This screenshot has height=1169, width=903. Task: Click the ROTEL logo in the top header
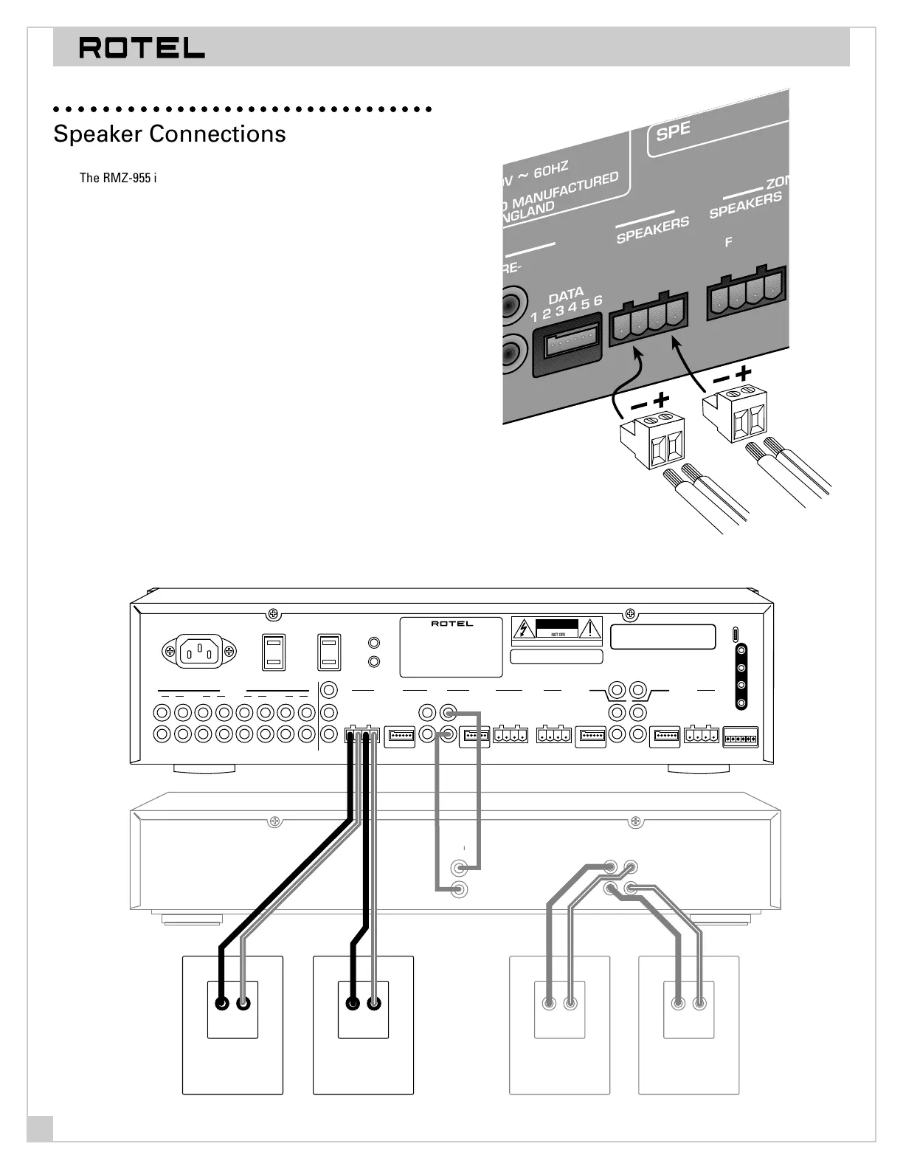(x=142, y=48)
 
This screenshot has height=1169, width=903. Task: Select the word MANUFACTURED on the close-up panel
(x=566, y=191)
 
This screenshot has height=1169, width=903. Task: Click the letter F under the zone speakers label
(x=729, y=241)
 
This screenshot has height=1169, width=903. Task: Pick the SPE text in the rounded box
(x=673, y=131)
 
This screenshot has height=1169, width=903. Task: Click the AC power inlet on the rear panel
(x=199, y=651)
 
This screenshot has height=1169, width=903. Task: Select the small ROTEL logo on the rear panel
(x=451, y=624)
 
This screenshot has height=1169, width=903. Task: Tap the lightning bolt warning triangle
(x=524, y=630)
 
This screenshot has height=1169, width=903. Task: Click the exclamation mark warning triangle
(x=590, y=630)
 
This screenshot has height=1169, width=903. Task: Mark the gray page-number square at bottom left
(x=40, y=1129)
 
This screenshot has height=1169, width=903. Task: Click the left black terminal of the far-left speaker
(x=221, y=1004)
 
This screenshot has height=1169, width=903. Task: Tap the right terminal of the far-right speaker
(x=699, y=1004)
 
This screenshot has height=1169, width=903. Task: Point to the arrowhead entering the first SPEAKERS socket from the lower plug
(x=640, y=355)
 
